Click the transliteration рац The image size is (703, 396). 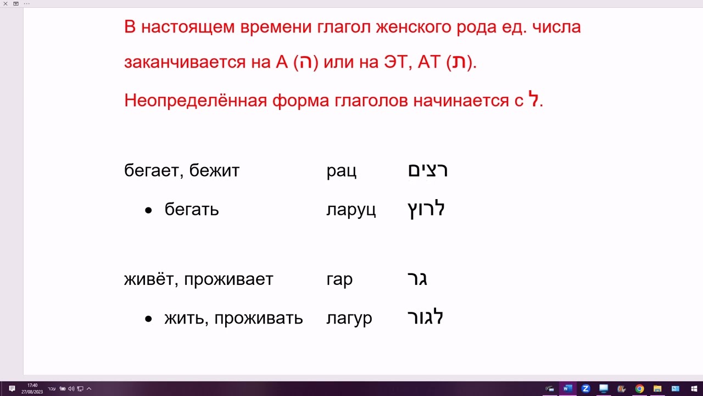click(341, 171)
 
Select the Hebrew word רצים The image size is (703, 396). click(428, 170)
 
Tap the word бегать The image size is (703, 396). click(192, 210)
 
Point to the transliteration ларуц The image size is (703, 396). click(351, 210)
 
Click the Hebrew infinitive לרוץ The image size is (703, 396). click(426, 209)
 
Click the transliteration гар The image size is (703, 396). click(339, 279)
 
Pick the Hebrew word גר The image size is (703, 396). click(417, 279)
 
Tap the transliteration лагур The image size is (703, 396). click(349, 318)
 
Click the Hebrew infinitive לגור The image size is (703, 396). click(425, 317)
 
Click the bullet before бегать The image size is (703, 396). click(148, 210)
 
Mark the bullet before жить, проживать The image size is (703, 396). click(148, 318)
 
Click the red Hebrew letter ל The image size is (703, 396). click(534, 100)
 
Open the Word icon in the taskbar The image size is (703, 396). click(568, 388)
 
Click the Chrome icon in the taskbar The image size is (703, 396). click(639, 388)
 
